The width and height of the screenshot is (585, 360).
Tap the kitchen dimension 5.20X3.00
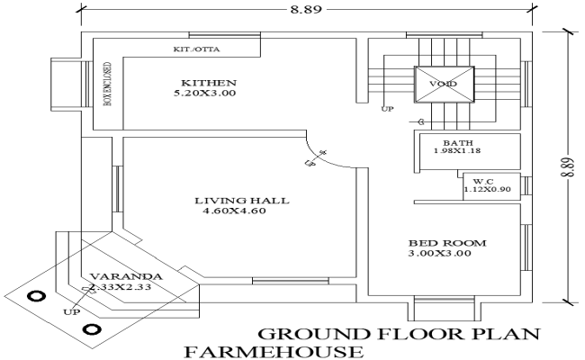pyautogui.click(x=206, y=93)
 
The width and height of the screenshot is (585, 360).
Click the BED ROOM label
pyautogui.click(x=446, y=243)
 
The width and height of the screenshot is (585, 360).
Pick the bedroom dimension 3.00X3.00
pyautogui.click(x=446, y=255)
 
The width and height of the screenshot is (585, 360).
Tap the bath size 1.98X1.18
pyautogui.click(x=457, y=152)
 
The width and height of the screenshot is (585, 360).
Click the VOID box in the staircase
pyautogui.click(x=443, y=85)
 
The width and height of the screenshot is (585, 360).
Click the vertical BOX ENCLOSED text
pyautogui.click(x=108, y=85)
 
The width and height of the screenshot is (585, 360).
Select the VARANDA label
pyautogui.click(x=125, y=276)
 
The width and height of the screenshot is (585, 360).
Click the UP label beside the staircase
pyautogui.click(x=388, y=109)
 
